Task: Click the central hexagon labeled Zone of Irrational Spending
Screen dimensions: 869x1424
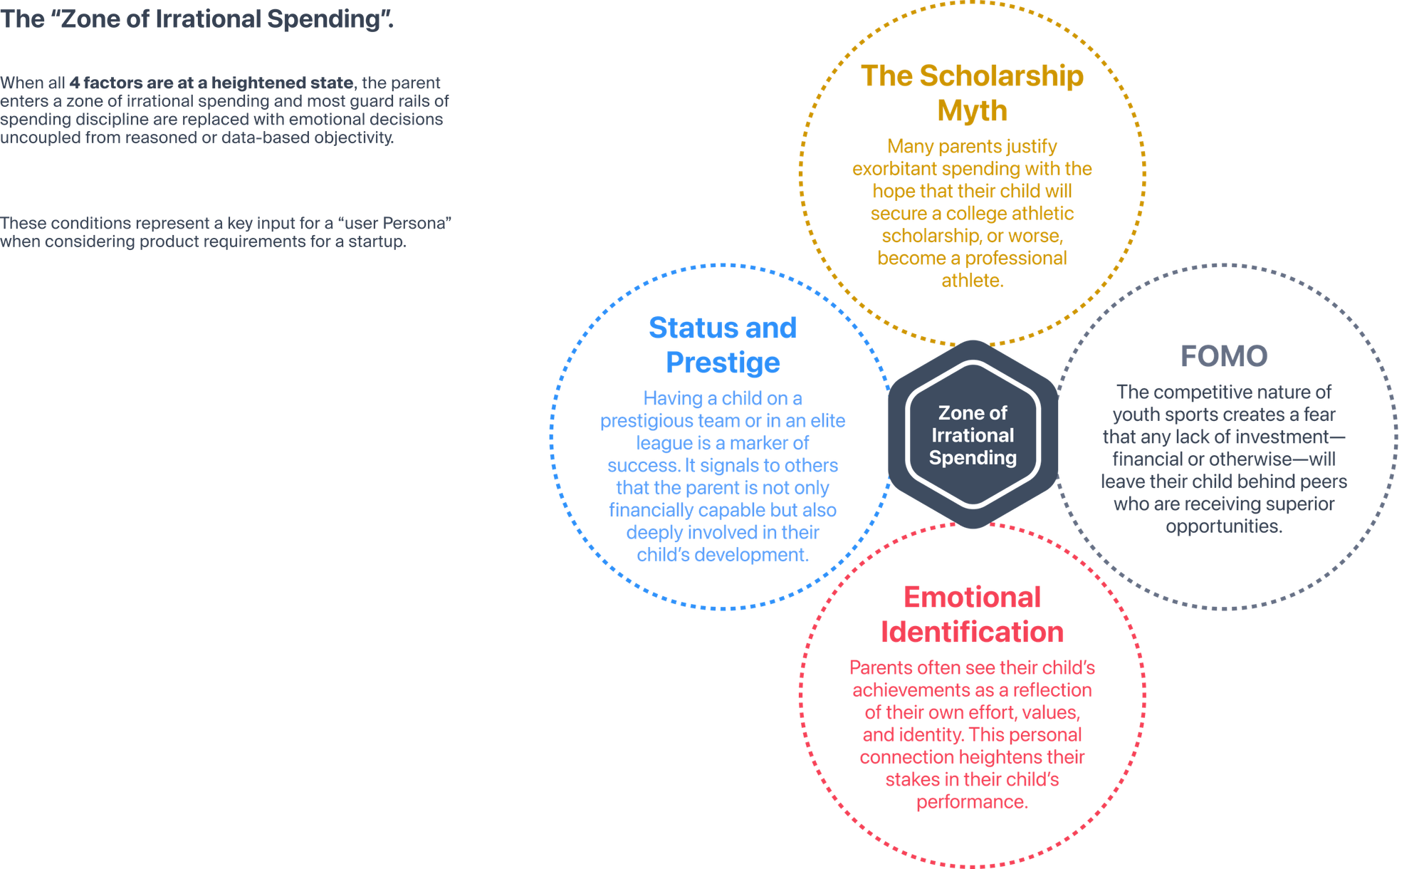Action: (x=973, y=434)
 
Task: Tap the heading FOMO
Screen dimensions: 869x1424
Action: (x=1224, y=356)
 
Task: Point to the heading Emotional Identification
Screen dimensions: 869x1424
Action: (x=972, y=614)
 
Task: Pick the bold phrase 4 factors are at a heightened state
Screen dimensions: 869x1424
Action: (x=211, y=83)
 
